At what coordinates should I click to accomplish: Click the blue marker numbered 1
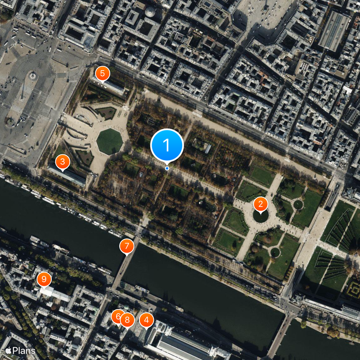[167, 145]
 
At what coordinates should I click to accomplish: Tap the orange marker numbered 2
[260, 204]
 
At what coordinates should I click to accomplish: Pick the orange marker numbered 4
[146, 320]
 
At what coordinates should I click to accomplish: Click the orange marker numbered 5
[102, 73]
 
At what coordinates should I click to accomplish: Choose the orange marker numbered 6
[118, 316]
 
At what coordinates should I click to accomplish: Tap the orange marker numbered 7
[126, 246]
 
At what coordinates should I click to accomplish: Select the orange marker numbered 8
[127, 320]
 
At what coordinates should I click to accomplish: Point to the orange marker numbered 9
[44, 279]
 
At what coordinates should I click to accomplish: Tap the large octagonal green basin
[109, 141]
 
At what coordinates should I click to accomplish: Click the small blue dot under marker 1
[167, 168]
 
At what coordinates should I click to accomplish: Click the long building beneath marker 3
[67, 175]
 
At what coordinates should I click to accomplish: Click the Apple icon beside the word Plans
[8, 350]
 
